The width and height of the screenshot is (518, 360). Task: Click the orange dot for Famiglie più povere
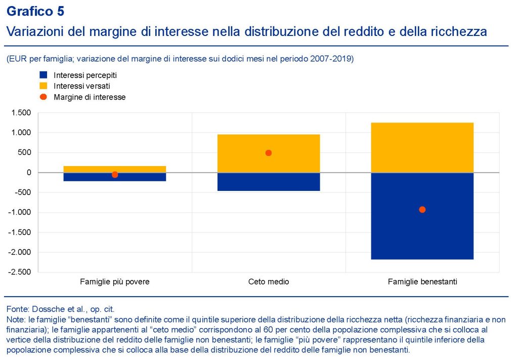click(x=115, y=175)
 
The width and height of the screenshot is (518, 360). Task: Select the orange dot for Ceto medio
click(x=269, y=153)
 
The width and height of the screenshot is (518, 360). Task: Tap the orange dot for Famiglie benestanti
click(x=422, y=210)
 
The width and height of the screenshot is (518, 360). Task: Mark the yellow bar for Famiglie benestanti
click(x=422, y=147)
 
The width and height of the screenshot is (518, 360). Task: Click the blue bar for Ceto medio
click(x=269, y=182)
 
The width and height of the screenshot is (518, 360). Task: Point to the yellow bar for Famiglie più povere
click(x=115, y=169)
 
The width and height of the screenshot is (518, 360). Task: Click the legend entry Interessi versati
click(x=81, y=86)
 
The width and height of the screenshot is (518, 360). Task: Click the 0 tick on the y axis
click(x=29, y=173)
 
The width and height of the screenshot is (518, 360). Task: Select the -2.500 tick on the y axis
click(x=20, y=272)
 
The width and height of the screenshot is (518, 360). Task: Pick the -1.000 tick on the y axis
click(x=20, y=213)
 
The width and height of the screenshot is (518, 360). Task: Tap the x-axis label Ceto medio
click(x=269, y=282)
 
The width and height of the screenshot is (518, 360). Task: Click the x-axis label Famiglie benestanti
click(x=422, y=282)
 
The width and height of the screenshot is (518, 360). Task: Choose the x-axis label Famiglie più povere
click(x=115, y=282)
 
